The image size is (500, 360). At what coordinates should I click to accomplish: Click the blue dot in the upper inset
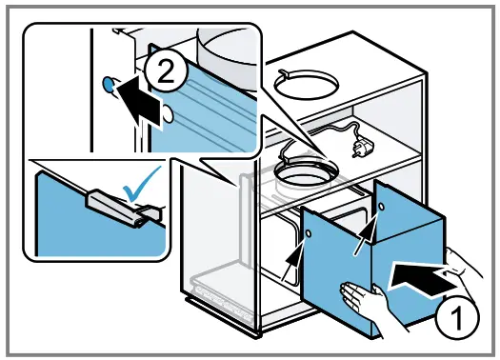coord(107,85)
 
